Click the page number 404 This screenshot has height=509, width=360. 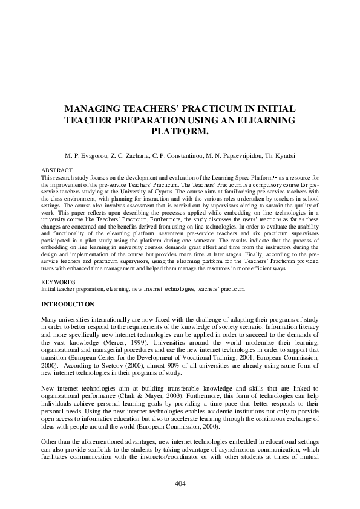coord(180,483)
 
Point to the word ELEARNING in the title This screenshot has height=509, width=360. coord(268,120)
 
